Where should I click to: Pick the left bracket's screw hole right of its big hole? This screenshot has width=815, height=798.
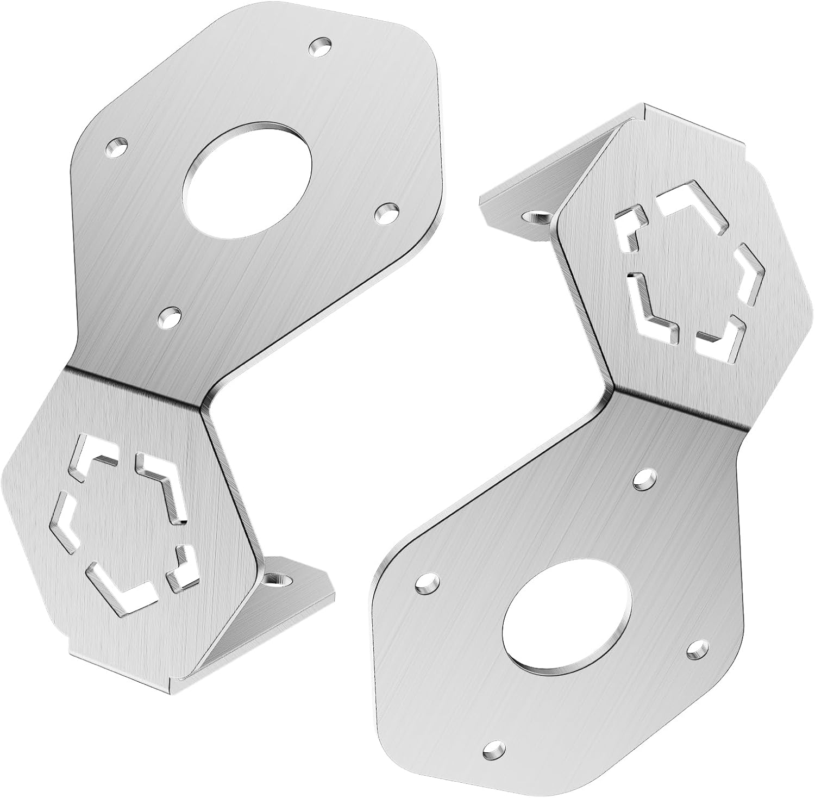click(x=386, y=212)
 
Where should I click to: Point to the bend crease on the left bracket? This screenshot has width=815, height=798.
click(x=136, y=387)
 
